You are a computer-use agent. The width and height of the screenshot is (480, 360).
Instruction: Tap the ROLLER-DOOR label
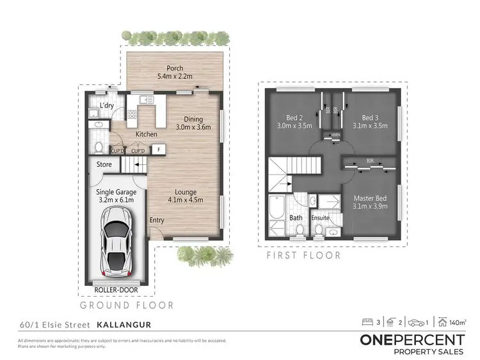(116, 289)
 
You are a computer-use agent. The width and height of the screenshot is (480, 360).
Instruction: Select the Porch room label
(175, 68)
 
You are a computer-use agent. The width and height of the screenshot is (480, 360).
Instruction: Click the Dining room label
(193, 118)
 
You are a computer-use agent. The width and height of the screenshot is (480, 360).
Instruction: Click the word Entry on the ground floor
(157, 220)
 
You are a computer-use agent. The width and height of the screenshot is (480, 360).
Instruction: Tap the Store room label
(104, 164)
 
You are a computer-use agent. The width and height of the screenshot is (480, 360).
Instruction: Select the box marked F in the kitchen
(157, 150)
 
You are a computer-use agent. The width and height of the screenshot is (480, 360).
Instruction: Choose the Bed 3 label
(370, 118)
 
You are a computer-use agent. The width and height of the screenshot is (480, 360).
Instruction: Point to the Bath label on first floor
(296, 217)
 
